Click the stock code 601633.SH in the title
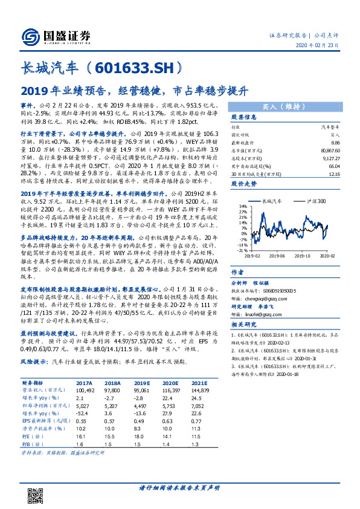coord(141,67)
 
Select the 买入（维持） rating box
coord(283,106)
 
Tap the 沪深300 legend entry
coord(315,200)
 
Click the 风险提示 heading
coord(34,377)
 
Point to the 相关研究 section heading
coord(245,325)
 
